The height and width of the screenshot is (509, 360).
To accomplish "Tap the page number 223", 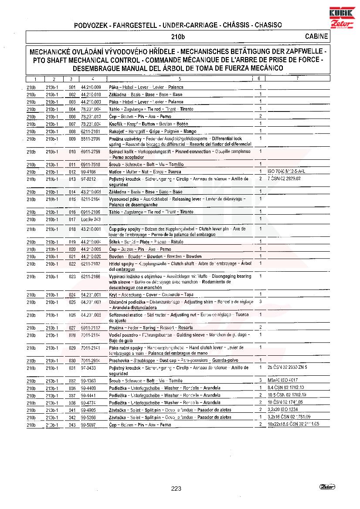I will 176,489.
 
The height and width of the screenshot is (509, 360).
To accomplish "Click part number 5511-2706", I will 90,139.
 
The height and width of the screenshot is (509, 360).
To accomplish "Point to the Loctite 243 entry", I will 91,219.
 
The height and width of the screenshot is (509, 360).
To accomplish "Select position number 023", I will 72,276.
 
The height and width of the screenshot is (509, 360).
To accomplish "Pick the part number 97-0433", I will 88,368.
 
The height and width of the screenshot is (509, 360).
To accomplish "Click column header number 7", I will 297,79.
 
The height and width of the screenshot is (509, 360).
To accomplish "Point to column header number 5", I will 180,79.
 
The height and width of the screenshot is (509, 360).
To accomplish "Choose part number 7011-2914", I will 90,361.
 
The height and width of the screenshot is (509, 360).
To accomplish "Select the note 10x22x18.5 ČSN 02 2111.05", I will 293,424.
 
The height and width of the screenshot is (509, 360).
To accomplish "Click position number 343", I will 72,425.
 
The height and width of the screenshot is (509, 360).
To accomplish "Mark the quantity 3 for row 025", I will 260,301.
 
